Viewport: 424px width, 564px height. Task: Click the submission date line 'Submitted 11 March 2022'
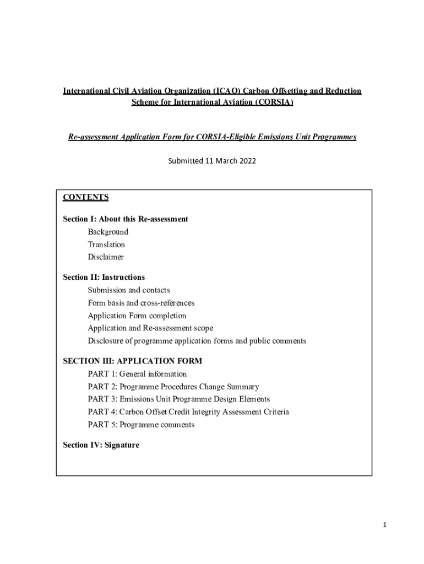212,161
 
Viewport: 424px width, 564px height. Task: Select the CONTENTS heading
85,197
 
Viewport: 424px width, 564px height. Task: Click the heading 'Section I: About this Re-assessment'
126,219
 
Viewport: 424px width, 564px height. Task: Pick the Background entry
108,232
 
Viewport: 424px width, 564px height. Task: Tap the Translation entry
106,245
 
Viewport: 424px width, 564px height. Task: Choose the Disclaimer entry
106,257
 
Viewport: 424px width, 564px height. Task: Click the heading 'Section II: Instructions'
104,277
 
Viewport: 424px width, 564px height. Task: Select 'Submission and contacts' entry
129,290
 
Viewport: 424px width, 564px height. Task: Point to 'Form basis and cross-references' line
141,303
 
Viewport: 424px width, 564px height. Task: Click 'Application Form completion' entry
137,316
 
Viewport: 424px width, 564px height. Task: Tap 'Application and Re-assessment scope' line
150,328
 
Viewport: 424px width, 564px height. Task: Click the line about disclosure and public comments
197,341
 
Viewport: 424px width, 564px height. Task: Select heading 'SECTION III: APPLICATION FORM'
133,361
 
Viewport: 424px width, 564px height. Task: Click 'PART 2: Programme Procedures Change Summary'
173,387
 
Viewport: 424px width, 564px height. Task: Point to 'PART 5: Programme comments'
141,425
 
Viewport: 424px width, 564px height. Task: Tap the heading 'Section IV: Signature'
101,445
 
